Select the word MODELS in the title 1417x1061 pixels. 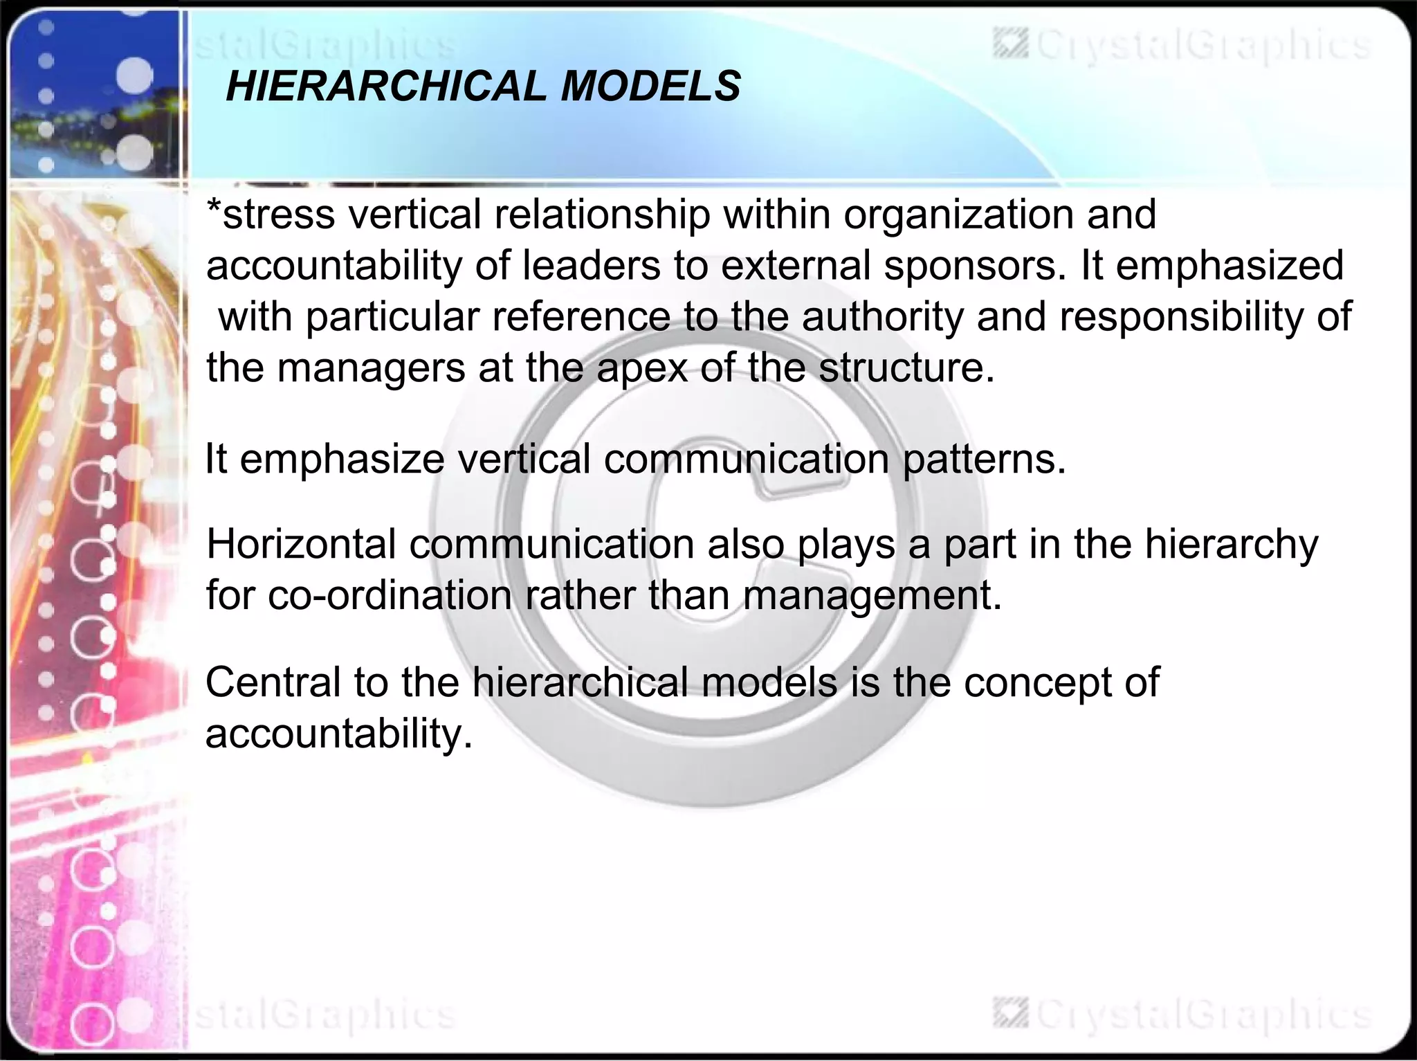pos(650,87)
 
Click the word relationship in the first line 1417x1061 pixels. pos(602,215)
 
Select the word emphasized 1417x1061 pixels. pos(1229,265)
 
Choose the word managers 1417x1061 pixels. pos(372,369)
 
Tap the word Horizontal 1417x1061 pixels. pos(301,544)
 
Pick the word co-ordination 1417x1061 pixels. pos(390,595)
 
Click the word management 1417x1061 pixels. pos(872,597)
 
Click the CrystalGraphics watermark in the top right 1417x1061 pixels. pos(1183,46)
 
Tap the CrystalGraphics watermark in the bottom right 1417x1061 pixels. pos(1183,1016)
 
